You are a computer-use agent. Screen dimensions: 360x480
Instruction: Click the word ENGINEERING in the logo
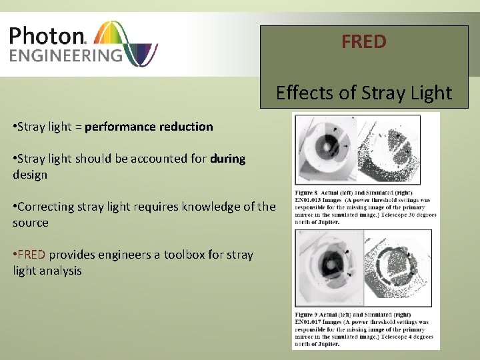pyautogui.click(x=66, y=55)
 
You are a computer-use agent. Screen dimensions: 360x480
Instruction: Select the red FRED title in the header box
pyautogui.click(x=363, y=42)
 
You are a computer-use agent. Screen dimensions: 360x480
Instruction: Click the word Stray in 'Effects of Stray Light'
pyautogui.click(x=363, y=93)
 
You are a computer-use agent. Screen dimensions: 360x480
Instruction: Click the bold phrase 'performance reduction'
pyautogui.click(x=149, y=126)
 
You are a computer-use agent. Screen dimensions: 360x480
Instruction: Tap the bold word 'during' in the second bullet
pyautogui.click(x=227, y=159)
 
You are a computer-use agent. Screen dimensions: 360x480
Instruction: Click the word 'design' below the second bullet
pyautogui.click(x=30, y=175)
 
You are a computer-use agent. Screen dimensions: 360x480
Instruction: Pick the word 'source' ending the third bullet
pyautogui.click(x=31, y=223)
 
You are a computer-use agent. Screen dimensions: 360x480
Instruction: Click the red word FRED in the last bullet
pyautogui.click(x=31, y=255)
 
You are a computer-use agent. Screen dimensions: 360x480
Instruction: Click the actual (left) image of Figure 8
pyautogui.click(x=326, y=150)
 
